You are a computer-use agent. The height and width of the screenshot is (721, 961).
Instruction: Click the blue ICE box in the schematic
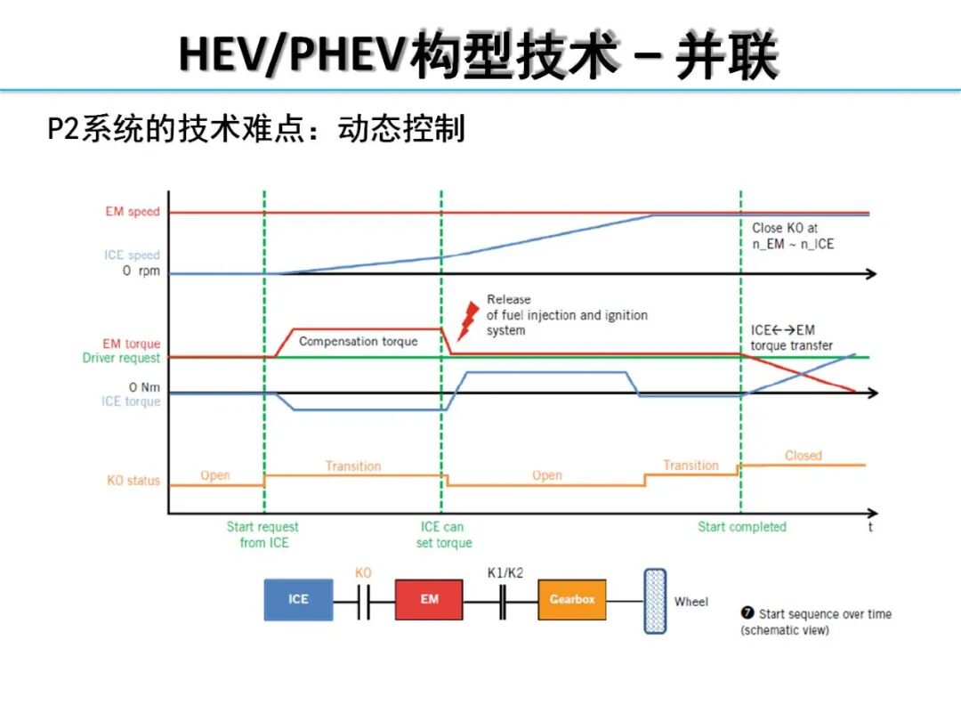[x=298, y=599]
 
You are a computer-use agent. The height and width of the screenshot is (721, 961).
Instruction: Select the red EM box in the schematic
[x=430, y=599]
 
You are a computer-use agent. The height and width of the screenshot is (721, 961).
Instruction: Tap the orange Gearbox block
[x=572, y=599]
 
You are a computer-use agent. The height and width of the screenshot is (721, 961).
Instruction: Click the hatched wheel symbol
[x=655, y=601]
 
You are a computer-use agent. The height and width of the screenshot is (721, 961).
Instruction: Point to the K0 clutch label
[x=363, y=573]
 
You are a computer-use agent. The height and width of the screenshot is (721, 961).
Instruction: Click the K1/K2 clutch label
[x=505, y=573]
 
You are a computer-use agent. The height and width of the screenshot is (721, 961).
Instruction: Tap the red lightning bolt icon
[x=464, y=321]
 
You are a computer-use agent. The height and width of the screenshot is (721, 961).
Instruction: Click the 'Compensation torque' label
[x=358, y=341]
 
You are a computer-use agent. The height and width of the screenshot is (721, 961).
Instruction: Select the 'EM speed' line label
[x=133, y=212]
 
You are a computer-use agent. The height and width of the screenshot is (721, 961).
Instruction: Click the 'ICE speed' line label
[x=132, y=255]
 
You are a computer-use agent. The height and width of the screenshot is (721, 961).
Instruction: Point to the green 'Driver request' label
[x=121, y=358]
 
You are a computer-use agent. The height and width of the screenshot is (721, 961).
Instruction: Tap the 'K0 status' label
[x=133, y=481]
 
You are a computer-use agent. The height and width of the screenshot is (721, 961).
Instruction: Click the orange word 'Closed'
[x=803, y=455]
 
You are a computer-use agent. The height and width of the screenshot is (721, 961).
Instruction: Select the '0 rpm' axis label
[x=141, y=271]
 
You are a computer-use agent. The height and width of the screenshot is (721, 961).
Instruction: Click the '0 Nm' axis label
[x=144, y=387]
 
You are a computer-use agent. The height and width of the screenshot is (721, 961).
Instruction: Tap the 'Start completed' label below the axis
[x=741, y=527]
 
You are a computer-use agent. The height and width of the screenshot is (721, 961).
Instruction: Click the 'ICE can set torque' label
[x=443, y=535]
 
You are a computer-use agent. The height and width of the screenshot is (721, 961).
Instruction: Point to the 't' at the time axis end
[x=870, y=527]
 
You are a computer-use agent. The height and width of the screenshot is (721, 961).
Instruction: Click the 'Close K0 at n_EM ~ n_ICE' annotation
[x=793, y=236]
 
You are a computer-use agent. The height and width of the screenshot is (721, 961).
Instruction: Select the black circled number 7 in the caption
[x=747, y=613]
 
